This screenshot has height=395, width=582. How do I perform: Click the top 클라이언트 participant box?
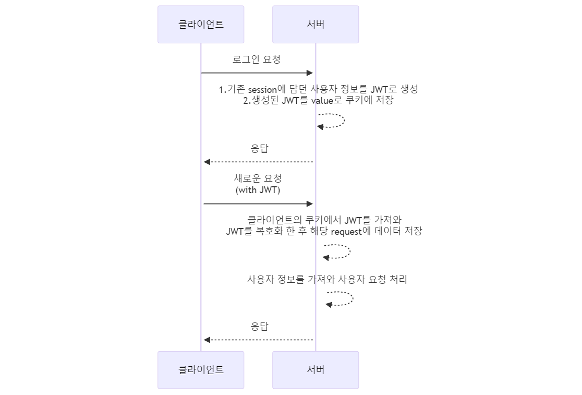click(201, 25)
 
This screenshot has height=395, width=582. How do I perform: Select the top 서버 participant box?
click(316, 25)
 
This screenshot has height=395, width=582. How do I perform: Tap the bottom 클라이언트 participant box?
click(201, 370)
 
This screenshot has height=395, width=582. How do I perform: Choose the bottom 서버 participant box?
click(316, 370)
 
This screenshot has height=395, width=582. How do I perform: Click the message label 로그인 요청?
click(257, 59)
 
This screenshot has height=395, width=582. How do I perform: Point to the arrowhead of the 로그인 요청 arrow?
click(310, 73)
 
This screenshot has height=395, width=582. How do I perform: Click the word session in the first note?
click(262, 90)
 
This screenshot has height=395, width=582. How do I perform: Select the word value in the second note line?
click(322, 101)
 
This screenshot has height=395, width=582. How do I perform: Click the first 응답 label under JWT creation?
click(260, 149)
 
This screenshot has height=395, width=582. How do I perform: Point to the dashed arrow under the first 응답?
click(258, 162)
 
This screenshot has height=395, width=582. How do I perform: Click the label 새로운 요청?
click(258, 178)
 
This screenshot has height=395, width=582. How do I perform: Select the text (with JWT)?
click(258, 190)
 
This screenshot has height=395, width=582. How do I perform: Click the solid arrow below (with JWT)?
click(258, 204)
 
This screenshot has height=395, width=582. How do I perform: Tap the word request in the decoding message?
click(346, 232)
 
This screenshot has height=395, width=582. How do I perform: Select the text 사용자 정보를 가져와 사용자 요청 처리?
click(327, 279)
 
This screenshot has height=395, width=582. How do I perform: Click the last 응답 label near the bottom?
click(260, 326)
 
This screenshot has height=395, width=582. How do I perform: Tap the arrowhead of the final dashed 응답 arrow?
click(207, 340)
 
